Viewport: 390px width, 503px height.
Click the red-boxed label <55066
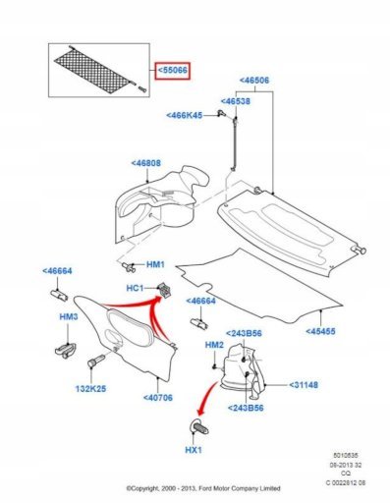173,71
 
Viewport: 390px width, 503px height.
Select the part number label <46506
254,81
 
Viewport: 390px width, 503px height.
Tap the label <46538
236,101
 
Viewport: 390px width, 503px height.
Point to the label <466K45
184,116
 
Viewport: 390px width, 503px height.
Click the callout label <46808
146,163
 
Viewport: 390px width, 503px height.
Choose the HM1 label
155,264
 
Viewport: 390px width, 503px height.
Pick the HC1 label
135,288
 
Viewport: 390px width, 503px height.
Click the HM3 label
69,317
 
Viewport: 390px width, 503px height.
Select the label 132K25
91,389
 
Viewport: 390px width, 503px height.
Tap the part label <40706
158,398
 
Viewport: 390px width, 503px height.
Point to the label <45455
321,331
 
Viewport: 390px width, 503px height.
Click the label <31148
304,385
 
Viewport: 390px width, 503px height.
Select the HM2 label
214,345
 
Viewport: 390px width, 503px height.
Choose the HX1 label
194,450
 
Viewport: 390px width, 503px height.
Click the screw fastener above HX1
199,427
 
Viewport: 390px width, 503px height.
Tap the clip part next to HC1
165,290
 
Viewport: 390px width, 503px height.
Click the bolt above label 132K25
96,361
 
